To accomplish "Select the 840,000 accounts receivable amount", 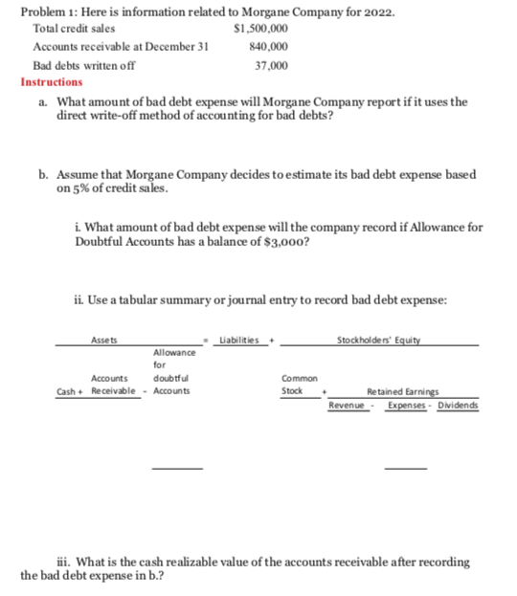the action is pyautogui.click(x=265, y=47).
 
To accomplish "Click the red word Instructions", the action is pyautogui.click(x=52, y=82).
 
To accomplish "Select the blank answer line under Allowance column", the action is pyautogui.click(x=178, y=468).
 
